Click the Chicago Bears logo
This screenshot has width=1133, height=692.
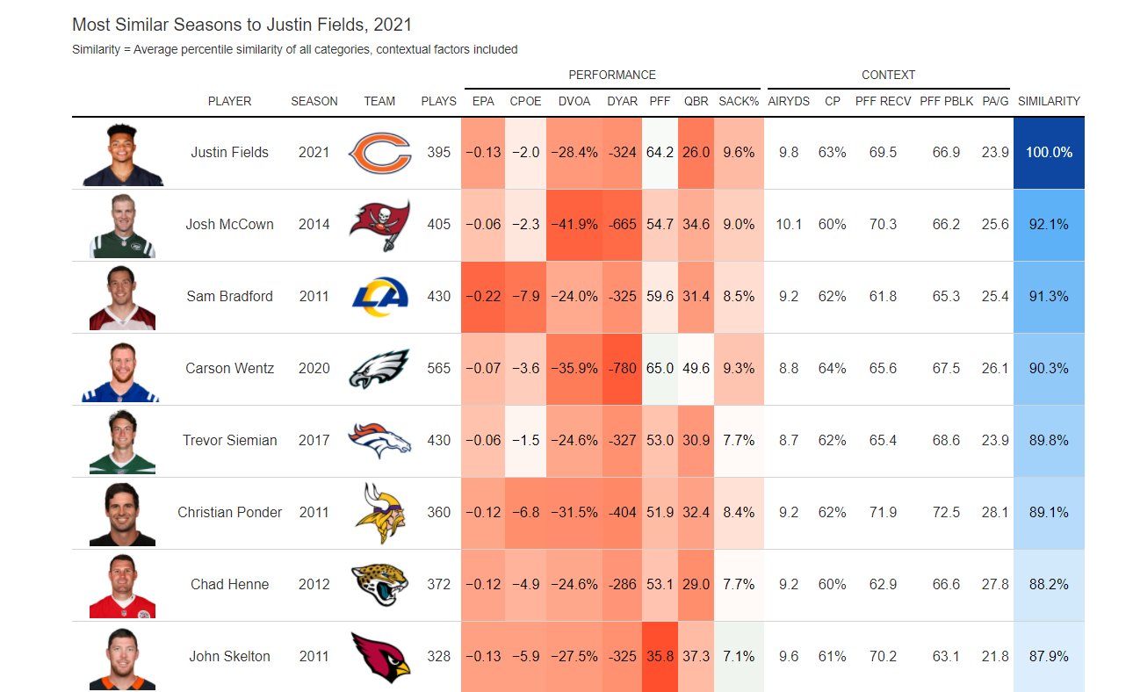tap(379, 153)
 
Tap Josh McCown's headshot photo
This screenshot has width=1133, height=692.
tap(122, 225)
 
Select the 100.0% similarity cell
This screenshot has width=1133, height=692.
tap(1049, 153)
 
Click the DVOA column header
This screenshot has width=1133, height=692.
tap(574, 101)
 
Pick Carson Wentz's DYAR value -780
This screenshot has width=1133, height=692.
tap(622, 369)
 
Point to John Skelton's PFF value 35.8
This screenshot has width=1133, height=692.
tap(660, 657)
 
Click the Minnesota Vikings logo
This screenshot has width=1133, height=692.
tap(379, 513)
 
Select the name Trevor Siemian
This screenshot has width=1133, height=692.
tap(229, 441)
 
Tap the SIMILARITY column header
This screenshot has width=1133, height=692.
tap(1049, 101)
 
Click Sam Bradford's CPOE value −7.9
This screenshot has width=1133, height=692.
tap(525, 297)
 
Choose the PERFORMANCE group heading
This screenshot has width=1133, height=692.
tap(611, 75)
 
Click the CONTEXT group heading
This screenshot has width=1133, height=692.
tap(888, 75)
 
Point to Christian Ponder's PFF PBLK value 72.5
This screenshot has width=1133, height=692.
tap(946, 513)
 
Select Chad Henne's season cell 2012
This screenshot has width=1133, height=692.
tap(314, 585)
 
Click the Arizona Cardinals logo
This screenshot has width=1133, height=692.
tap(379, 657)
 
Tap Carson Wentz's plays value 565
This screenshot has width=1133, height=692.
tap(438, 369)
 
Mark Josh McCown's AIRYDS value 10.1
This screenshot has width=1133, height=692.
tap(788, 225)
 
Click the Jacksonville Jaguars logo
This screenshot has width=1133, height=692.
tap(379, 585)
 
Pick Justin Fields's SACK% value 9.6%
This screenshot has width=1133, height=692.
tap(738, 153)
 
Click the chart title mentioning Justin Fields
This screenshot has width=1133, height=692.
tap(242, 25)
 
